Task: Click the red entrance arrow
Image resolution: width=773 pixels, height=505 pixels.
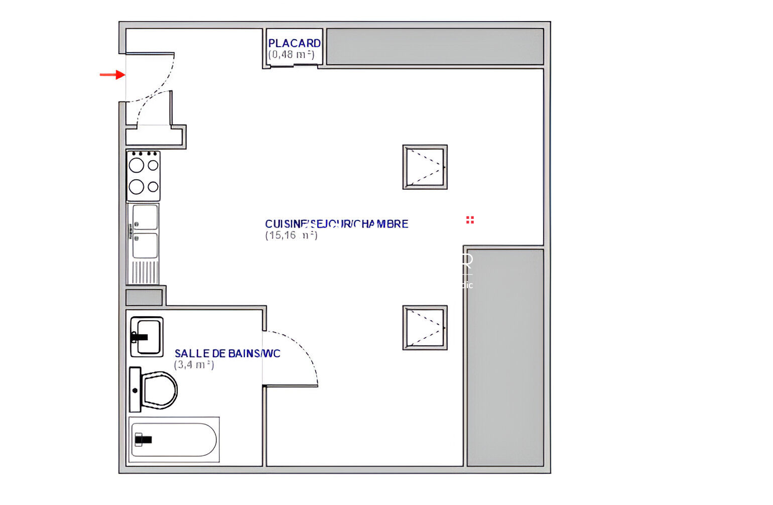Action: point(112,75)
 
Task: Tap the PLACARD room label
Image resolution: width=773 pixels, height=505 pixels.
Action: point(294,44)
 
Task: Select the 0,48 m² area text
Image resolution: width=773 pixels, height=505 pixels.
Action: point(291,55)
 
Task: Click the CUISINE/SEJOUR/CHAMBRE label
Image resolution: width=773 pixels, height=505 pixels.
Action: point(336,224)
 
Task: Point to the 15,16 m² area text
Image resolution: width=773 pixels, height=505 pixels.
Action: point(291,235)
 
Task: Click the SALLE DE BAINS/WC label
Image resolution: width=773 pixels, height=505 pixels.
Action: point(227,353)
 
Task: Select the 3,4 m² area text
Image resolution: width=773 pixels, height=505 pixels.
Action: point(194,365)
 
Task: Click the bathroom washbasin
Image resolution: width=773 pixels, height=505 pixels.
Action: point(147,336)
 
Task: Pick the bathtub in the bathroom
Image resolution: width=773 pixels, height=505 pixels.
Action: point(174,440)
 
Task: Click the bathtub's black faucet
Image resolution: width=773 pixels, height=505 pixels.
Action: point(143,440)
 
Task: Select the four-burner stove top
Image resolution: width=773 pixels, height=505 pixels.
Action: point(144,176)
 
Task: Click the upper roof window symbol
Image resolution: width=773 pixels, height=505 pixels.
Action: point(425,167)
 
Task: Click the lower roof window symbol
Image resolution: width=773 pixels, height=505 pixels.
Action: point(425,327)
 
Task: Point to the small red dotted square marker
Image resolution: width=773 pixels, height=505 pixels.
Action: point(470,220)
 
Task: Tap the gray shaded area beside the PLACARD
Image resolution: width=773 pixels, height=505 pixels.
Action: point(435,46)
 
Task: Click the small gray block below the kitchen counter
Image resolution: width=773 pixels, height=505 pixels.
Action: point(144,297)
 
